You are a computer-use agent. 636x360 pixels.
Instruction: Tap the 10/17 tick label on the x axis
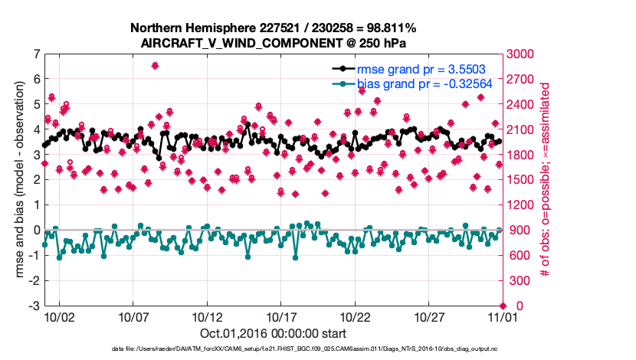point(281,316)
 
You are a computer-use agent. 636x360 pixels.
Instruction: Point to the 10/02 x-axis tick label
point(59,316)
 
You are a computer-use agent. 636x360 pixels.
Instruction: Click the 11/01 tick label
point(502,316)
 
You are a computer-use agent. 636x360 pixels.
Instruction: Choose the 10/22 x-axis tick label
point(356,316)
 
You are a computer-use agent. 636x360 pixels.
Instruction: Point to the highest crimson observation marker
point(155,66)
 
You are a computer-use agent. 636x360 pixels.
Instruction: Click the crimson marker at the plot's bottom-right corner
point(501,306)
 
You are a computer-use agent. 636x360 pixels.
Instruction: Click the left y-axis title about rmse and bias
point(14,180)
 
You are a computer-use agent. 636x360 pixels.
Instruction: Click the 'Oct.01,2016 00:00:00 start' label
point(273,333)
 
